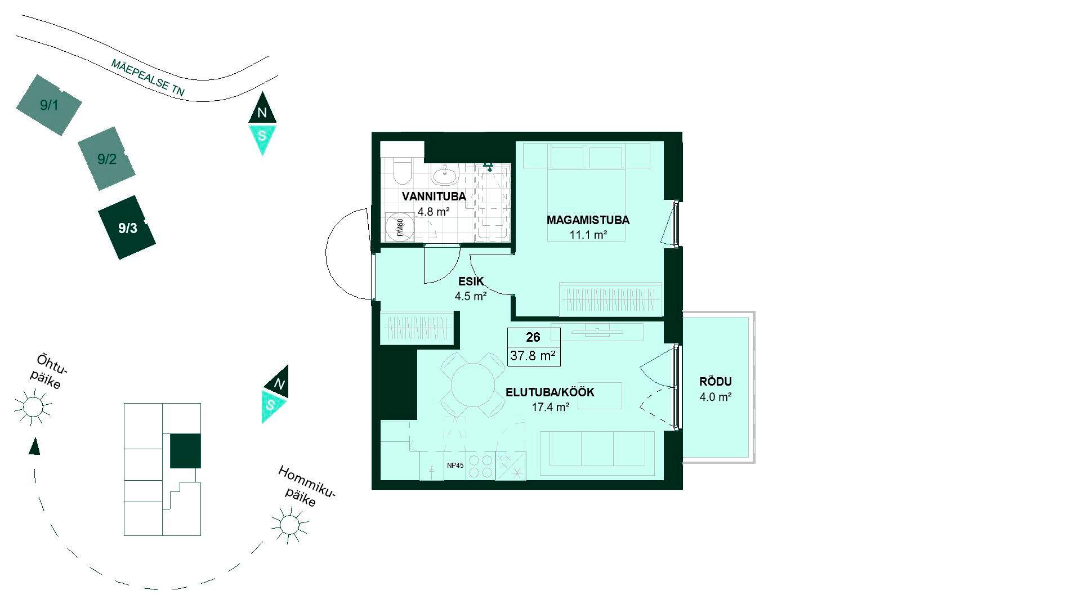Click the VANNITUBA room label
434,196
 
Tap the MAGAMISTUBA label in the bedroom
588,220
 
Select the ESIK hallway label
471,281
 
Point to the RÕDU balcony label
715,382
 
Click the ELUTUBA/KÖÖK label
550,392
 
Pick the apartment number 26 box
533,337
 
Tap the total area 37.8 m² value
533,356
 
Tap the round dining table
472,385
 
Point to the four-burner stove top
480,466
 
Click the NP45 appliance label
455,466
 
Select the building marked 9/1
48,105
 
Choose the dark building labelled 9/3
127,227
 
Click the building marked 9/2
106,159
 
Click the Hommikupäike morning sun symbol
289,525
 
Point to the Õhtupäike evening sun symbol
33,406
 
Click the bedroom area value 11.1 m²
588,235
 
